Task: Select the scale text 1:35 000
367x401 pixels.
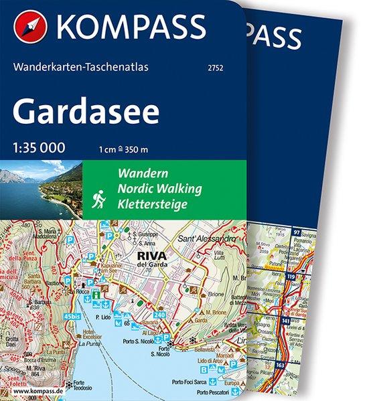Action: [40, 149]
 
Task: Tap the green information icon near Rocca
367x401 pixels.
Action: [97, 293]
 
